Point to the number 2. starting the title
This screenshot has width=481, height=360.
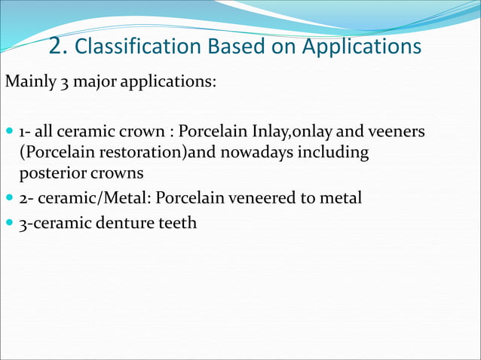pos(59,47)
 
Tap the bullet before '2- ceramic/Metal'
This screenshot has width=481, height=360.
pos(9,199)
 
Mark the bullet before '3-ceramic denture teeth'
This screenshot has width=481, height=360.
pos(9,223)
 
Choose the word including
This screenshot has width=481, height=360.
pos(336,153)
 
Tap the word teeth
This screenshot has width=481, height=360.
pos(176,223)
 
